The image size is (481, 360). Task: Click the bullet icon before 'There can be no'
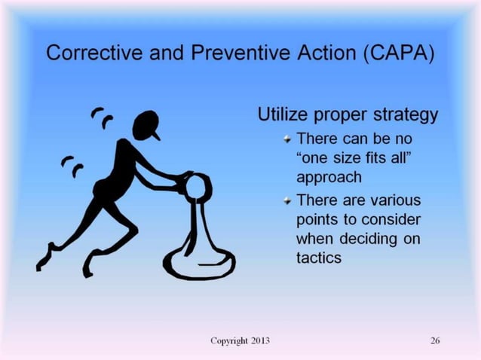[x=286, y=139]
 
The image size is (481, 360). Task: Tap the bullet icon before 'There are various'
[x=286, y=200]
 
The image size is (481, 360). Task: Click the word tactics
[x=320, y=258]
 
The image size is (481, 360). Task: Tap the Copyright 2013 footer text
[x=240, y=340]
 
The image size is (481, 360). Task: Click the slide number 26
[x=435, y=340]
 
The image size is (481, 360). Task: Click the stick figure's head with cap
[x=146, y=125]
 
